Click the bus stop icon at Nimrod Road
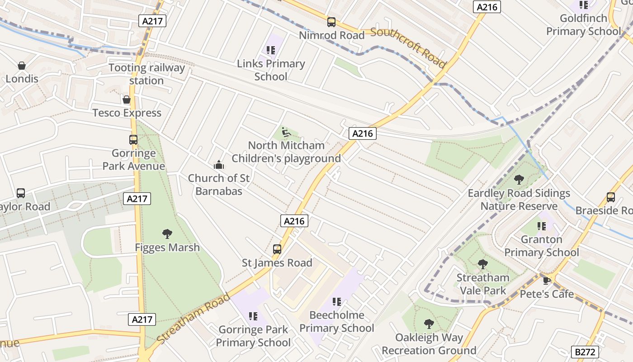pyautogui.click(x=331, y=22)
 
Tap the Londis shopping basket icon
pyautogui.click(x=21, y=66)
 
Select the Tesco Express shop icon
pyautogui.click(x=127, y=100)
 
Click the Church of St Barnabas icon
pyautogui.click(x=219, y=165)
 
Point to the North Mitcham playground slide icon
pyautogui.click(x=286, y=132)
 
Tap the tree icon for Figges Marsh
pyautogui.click(x=167, y=234)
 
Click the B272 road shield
pyautogui.click(x=586, y=352)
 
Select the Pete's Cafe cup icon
pyautogui.click(x=547, y=281)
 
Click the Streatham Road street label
pyautogui.click(x=194, y=318)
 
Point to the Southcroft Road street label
pyautogui.click(x=408, y=47)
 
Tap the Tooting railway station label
pyautogui.click(x=146, y=74)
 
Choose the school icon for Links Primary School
pyautogui.click(x=271, y=50)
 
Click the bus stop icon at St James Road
pyautogui.click(x=277, y=249)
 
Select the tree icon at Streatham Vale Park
pyautogui.click(x=483, y=264)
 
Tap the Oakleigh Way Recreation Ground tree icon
pyautogui.click(x=429, y=324)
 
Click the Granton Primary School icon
pyautogui.click(x=541, y=226)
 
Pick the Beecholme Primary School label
pyautogui.click(x=336, y=321)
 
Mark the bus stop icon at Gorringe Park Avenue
pyautogui.click(x=133, y=140)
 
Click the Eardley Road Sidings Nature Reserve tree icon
pyautogui.click(x=519, y=180)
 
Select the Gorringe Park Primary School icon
pyautogui.click(x=253, y=316)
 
